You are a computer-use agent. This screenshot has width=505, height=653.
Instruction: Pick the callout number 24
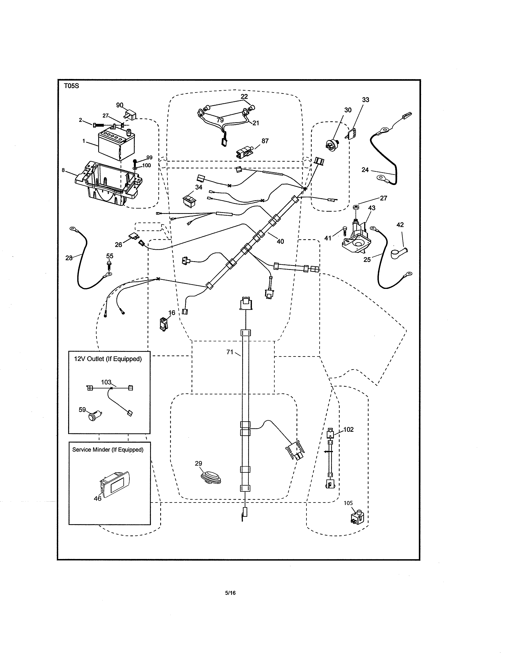[365, 170]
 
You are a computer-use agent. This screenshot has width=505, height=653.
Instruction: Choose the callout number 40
[280, 241]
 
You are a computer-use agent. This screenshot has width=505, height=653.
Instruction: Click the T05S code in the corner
[71, 86]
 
